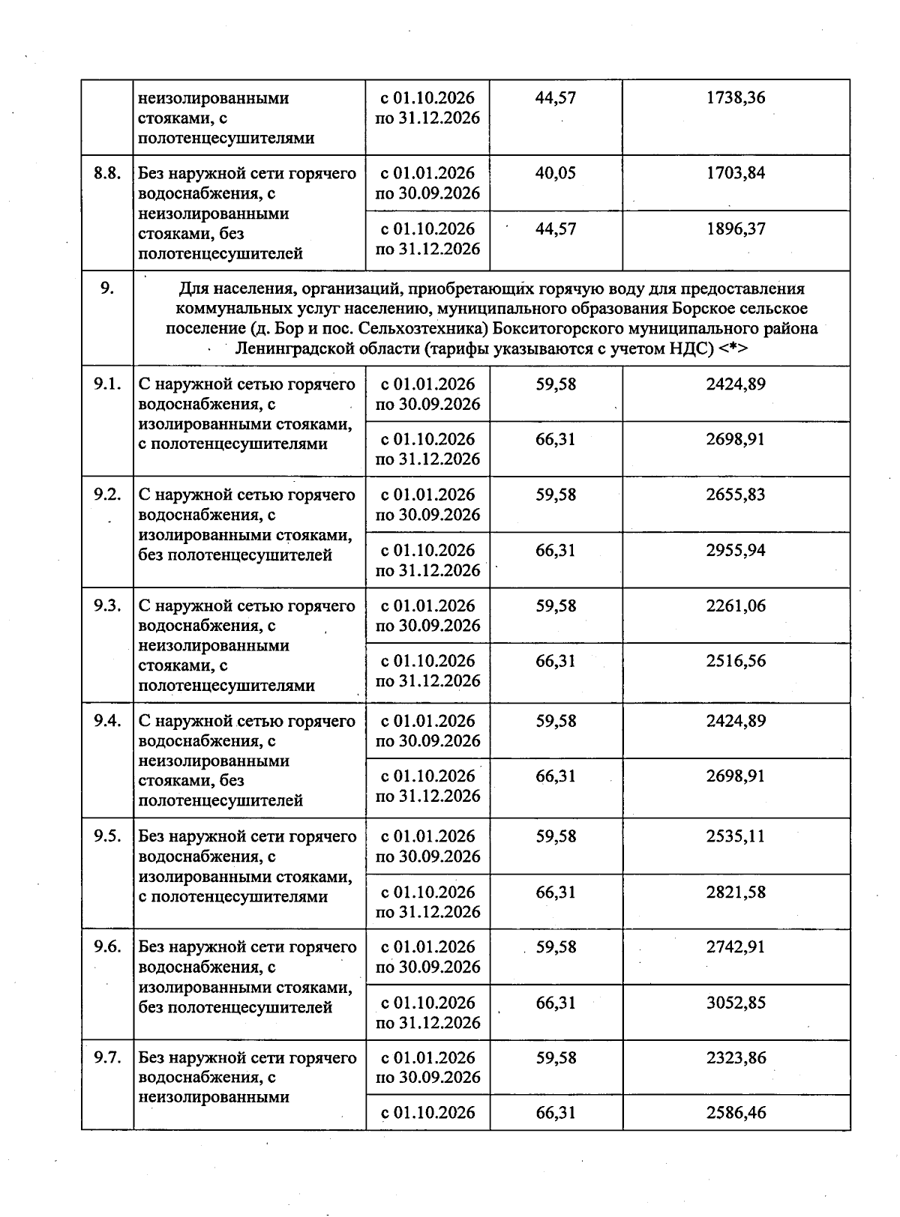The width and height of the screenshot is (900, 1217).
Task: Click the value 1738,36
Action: pyautogui.click(x=736, y=98)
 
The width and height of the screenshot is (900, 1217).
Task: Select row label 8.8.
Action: pyautogui.click(x=107, y=174)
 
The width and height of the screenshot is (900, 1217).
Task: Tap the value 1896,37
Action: pyautogui.click(x=736, y=229)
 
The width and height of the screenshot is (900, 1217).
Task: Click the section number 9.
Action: pyautogui.click(x=107, y=288)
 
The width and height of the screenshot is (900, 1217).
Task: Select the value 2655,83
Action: pyautogui.click(x=736, y=495)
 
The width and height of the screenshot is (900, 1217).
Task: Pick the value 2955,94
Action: pyautogui.click(x=736, y=550)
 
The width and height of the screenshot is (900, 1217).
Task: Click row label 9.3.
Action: pyautogui.click(x=107, y=606)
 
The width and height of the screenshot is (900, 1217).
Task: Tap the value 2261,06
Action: pyautogui.click(x=736, y=606)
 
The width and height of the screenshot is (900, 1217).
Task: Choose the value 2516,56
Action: pyautogui.click(x=736, y=661)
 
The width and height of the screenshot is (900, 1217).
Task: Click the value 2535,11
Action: pyautogui.click(x=736, y=836)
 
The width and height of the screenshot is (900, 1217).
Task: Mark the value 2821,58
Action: pyautogui.click(x=736, y=892)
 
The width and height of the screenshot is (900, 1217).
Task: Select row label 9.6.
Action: pyautogui.click(x=107, y=947)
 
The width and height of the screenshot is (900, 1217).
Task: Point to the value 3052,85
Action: pyautogui.click(x=736, y=1003)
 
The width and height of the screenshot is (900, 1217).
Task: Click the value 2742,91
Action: pyautogui.click(x=736, y=947)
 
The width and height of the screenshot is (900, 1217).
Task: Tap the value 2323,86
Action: pyautogui.click(x=736, y=1058)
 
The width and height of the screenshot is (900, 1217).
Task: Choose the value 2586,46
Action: pyautogui.click(x=736, y=1113)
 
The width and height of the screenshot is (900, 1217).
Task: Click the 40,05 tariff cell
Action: pyautogui.click(x=556, y=174)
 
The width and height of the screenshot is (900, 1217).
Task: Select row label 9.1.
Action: pyautogui.click(x=107, y=384)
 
